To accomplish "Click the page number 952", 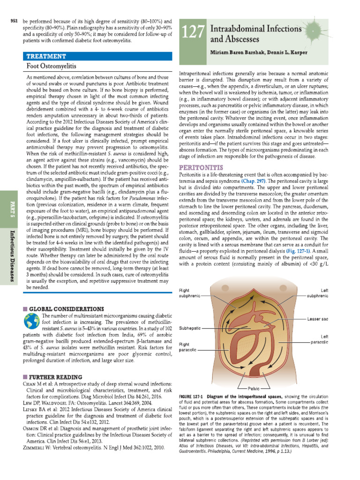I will point(14,22).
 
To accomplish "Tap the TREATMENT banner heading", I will point(46,56).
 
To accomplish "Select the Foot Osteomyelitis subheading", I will point(52,66).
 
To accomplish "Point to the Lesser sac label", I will point(318,319).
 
